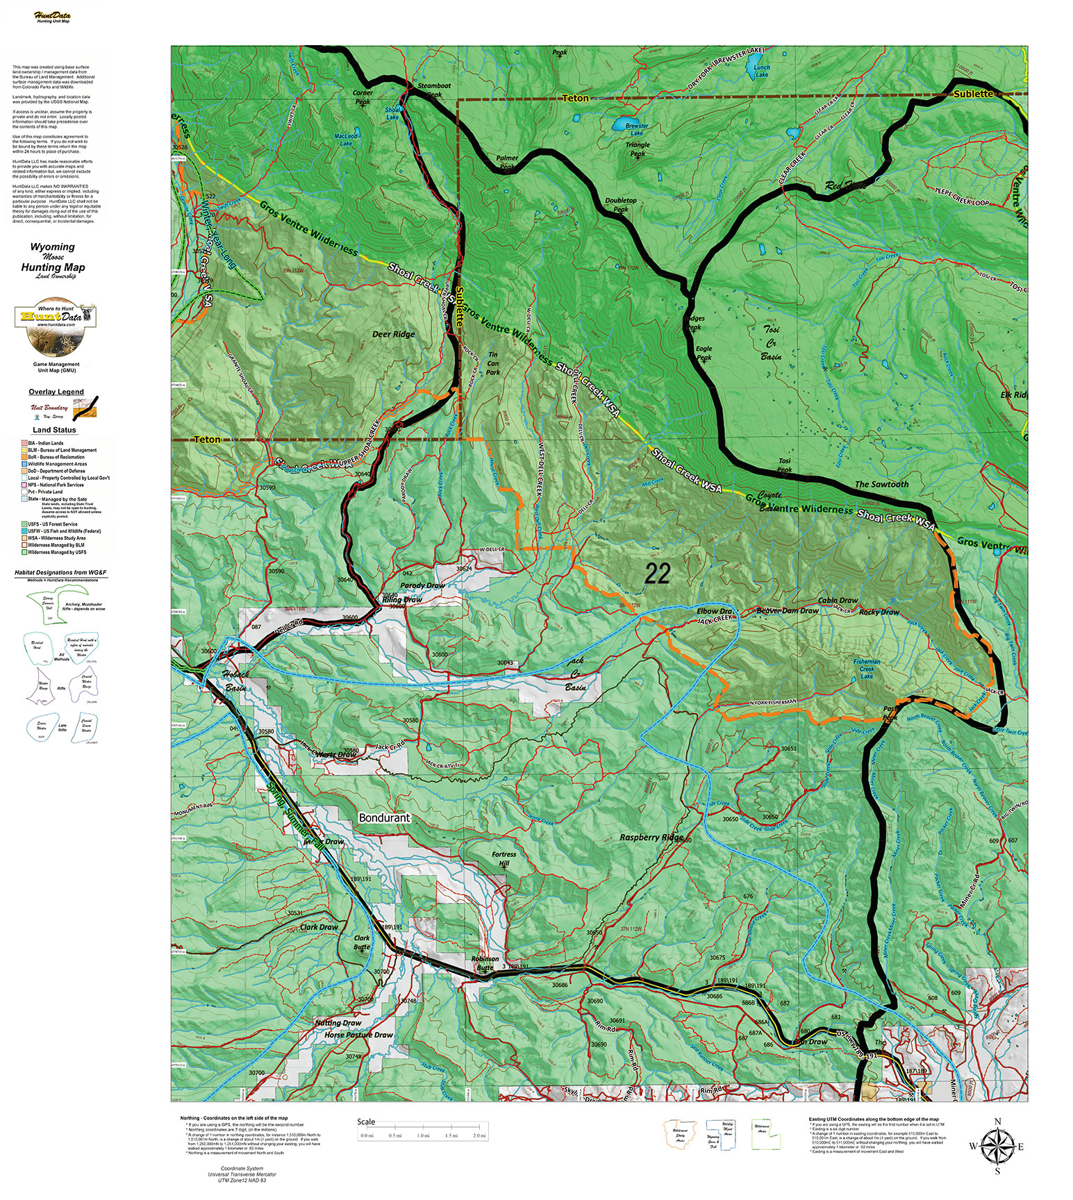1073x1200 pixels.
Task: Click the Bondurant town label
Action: tap(384, 818)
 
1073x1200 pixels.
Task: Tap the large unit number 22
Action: tap(657, 574)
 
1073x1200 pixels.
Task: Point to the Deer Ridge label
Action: tap(393, 334)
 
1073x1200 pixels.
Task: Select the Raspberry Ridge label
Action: tap(651, 837)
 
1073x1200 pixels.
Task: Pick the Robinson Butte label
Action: tap(485, 962)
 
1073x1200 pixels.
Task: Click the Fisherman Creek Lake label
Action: tap(866, 669)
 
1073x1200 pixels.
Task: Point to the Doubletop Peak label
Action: tap(621, 204)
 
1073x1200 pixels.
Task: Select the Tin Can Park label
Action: tap(492, 363)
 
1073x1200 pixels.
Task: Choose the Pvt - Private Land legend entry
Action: tap(45, 492)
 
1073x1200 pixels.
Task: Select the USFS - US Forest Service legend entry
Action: tap(52, 524)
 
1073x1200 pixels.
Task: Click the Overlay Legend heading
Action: tap(56, 392)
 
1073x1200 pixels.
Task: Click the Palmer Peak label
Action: tap(508, 162)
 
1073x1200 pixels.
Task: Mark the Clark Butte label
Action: tap(362, 942)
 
